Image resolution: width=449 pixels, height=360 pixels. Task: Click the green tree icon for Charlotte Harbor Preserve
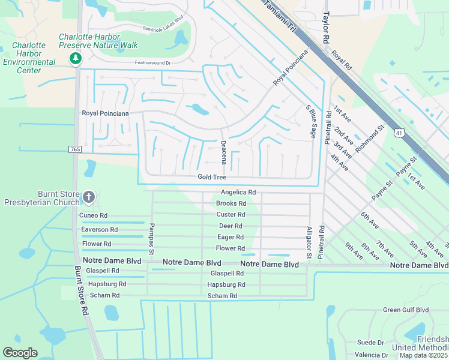[x=76, y=58]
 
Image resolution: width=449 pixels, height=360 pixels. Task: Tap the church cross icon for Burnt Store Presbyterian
[x=88, y=197]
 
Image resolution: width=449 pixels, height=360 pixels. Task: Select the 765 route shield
[x=75, y=149]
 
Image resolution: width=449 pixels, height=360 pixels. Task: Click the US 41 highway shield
[x=398, y=133]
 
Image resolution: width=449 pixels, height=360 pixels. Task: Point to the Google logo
[x=20, y=353]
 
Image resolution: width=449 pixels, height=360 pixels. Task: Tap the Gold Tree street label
[x=212, y=177]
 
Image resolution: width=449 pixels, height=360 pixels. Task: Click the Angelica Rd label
[x=238, y=193]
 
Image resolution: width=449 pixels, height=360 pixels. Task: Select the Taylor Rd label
[x=327, y=28]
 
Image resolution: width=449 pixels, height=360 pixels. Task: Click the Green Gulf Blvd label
[x=406, y=310]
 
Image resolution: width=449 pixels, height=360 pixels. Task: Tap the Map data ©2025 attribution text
[x=423, y=355]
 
